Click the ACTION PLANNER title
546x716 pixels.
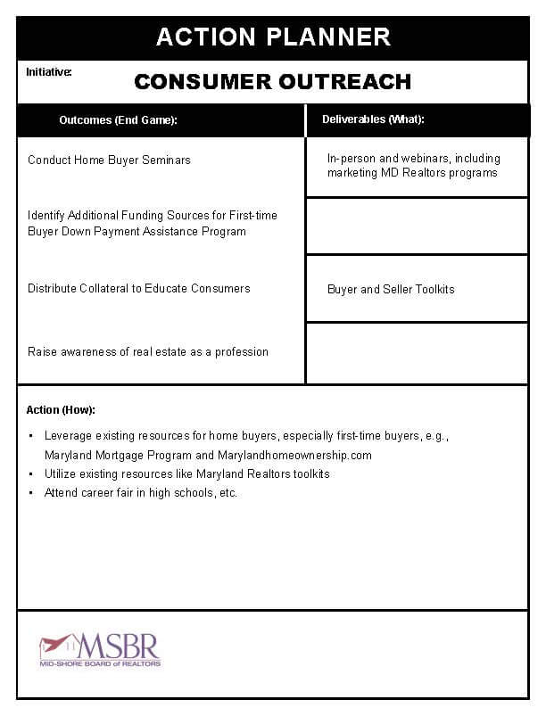(x=273, y=37)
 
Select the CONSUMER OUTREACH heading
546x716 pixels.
(x=273, y=82)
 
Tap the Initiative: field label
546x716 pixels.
(x=49, y=70)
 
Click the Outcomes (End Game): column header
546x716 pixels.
(x=119, y=120)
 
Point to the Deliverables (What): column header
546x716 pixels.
(x=373, y=119)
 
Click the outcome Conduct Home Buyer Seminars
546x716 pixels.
(x=109, y=160)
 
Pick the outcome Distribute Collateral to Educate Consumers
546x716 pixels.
(x=138, y=289)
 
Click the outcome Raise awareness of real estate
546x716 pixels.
(x=147, y=352)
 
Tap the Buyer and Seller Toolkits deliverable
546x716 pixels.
(x=391, y=290)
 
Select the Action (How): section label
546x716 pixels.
(x=61, y=410)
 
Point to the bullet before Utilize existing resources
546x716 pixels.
(x=31, y=474)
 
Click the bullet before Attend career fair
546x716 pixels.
(x=31, y=493)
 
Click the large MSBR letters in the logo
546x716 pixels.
(x=119, y=645)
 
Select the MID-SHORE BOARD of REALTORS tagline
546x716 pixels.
(x=100, y=664)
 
